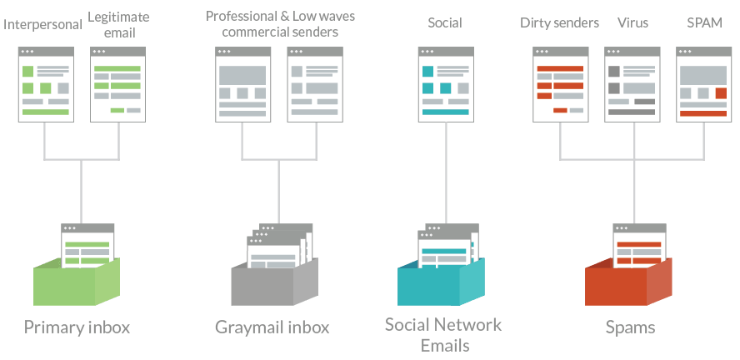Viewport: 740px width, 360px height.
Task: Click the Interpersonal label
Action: pyautogui.click(x=42, y=24)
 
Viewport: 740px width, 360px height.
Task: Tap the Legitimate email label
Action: pyautogui.click(x=118, y=24)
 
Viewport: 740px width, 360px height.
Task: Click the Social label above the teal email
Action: pyautogui.click(x=444, y=22)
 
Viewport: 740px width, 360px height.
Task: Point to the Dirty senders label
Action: pyautogui.click(x=559, y=22)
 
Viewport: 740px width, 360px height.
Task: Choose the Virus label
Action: pyautogui.click(x=632, y=22)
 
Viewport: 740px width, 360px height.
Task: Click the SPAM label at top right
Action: pyautogui.click(x=704, y=22)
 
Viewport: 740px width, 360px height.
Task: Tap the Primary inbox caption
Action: pyautogui.click(x=77, y=327)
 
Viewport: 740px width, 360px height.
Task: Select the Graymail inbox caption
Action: pyautogui.click(x=272, y=327)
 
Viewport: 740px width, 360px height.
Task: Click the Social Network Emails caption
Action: pyautogui.click(x=443, y=335)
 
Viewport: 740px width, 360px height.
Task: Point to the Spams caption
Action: pyautogui.click(x=631, y=327)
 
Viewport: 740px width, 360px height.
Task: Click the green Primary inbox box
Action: pyautogui.click(x=77, y=282)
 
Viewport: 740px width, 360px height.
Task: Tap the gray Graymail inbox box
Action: pyautogui.click(x=275, y=282)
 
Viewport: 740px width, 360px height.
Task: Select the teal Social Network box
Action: pyautogui.click(x=441, y=282)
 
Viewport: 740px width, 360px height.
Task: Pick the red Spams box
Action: pyautogui.click(x=628, y=282)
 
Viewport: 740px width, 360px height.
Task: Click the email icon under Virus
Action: pyautogui.click(x=632, y=84)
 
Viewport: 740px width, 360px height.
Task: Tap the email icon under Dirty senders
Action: pyautogui.click(x=561, y=84)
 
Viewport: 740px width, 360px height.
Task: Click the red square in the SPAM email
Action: pyautogui.click(x=721, y=93)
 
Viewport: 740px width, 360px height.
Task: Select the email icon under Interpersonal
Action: pyautogui.click(x=47, y=84)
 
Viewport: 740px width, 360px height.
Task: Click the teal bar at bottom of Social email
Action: pyautogui.click(x=446, y=112)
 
